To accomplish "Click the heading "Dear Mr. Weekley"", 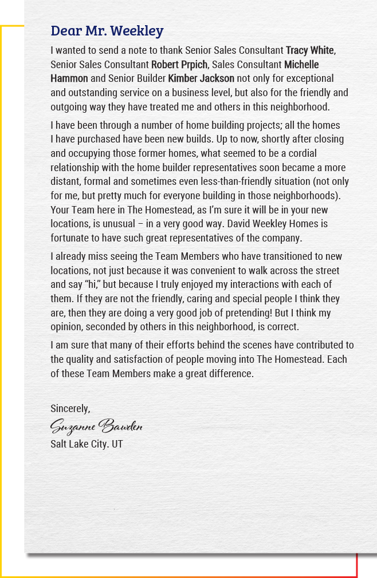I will tap(107, 30).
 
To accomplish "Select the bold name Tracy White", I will tap(310, 50).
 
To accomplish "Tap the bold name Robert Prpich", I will tap(179, 64).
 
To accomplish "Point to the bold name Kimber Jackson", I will tap(201, 78).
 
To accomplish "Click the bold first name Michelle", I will tap(301, 64).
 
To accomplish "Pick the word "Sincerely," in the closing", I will tap(70, 409).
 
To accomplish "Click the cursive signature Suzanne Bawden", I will tap(96, 426).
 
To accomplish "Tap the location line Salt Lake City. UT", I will tap(87, 444).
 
